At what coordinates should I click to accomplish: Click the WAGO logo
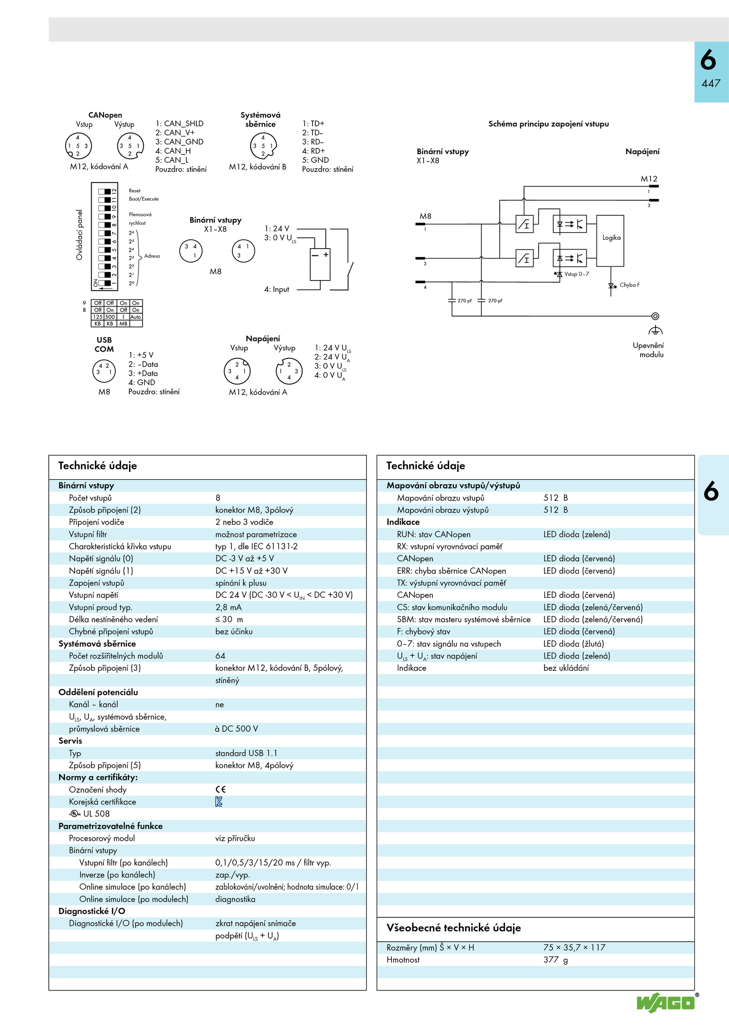(666, 1002)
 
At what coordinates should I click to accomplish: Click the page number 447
(711, 83)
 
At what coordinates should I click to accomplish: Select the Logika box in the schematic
(611, 240)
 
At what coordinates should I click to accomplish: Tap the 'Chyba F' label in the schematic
(629, 285)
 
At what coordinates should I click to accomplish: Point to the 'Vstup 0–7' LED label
(576, 274)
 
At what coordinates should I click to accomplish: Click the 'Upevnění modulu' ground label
(648, 350)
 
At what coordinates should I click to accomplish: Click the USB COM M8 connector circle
(104, 370)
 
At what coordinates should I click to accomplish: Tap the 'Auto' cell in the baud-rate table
(136, 317)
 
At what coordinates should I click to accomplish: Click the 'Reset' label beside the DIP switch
(134, 191)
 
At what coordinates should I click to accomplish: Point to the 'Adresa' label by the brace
(152, 256)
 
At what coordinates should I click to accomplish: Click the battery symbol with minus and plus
(320, 264)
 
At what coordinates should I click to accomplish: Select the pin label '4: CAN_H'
(173, 151)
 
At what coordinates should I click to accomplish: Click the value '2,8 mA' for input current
(229, 607)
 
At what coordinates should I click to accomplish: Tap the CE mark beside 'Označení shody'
(221, 789)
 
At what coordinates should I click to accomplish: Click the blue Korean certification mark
(219, 802)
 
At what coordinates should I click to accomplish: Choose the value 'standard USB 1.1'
(246, 753)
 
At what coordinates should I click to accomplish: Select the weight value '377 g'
(555, 959)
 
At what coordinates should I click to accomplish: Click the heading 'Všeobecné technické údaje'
(453, 928)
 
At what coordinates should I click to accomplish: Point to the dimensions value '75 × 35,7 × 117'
(574, 948)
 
